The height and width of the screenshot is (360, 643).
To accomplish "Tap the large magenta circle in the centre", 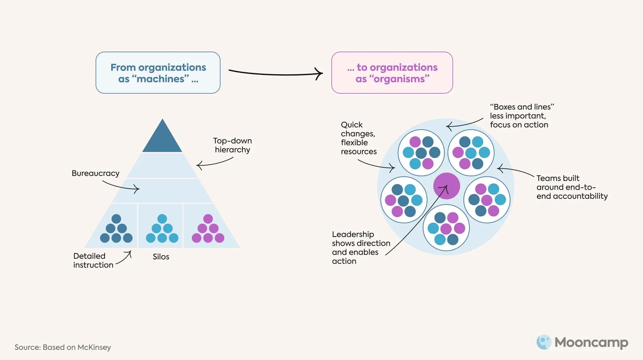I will click(x=446, y=186).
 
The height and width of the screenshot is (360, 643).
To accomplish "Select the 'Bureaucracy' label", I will click(x=95, y=173).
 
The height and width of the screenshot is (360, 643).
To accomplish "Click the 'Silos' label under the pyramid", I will click(x=161, y=257).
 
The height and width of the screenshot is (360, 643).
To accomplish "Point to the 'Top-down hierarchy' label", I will click(x=232, y=145).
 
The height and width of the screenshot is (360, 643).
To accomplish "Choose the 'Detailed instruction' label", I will click(x=93, y=261).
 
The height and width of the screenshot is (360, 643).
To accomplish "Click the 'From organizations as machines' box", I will click(x=158, y=73).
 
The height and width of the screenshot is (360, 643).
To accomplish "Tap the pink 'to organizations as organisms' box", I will click(x=392, y=73).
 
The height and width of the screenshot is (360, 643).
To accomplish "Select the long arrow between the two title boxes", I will click(x=276, y=74).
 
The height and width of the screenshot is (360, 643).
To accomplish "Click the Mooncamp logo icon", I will click(x=544, y=342).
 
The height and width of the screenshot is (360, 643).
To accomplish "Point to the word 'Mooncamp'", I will click(x=591, y=342).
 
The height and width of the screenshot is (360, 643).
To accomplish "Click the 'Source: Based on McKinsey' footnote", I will click(x=63, y=347).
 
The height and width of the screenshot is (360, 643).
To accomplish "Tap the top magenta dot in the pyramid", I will click(x=208, y=219).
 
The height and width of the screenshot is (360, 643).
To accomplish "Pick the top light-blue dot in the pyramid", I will click(x=162, y=219).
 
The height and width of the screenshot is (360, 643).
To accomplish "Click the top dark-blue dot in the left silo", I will click(x=116, y=219).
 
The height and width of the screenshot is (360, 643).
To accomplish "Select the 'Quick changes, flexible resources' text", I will click(x=358, y=138).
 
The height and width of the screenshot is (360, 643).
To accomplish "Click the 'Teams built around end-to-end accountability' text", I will click(x=572, y=187).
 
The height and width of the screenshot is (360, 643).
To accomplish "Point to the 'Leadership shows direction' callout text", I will click(x=361, y=248).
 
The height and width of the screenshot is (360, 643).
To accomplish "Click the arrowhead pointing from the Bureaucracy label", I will click(x=137, y=189).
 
